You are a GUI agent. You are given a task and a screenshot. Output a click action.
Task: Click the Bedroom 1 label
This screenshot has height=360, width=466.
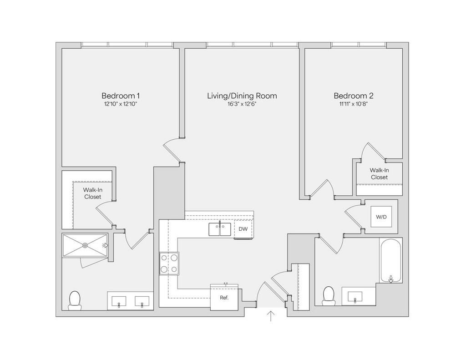tap(120, 96)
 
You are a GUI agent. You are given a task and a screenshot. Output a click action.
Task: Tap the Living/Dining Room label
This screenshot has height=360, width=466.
tap(242, 96)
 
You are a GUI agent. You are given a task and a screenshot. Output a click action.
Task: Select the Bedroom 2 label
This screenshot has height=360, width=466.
tap(354, 96)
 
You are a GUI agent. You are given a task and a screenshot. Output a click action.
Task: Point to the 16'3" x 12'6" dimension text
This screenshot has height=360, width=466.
tap(242, 104)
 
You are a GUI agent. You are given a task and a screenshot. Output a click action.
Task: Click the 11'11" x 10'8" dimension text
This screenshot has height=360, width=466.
tap(354, 104)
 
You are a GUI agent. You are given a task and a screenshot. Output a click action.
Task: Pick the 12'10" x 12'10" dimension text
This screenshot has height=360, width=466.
tap(120, 104)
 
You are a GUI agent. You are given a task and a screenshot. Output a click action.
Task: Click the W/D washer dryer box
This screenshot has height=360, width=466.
tap(381, 217)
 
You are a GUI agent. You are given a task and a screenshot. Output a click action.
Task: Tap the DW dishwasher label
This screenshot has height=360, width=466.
tap(243, 229)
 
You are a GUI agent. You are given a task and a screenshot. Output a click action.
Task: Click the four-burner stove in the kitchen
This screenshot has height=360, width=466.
tap(169, 264)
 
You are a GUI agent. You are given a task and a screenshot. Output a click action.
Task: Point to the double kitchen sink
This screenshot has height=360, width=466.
tap(220, 229)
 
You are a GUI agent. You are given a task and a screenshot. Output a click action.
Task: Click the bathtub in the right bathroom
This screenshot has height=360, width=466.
tap(391, 261)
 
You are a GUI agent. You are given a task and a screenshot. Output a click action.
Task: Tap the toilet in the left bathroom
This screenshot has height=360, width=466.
tap(75, 300)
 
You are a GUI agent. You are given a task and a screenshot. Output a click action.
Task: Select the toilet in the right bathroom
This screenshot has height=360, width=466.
tap(328, 296)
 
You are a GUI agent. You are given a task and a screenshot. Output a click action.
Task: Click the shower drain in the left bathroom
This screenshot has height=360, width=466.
tap(85, 245)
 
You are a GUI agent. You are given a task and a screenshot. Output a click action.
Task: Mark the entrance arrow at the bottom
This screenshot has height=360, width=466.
tap(271, 316)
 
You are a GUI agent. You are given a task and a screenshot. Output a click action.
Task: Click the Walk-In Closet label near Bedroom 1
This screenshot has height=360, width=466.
tap(91, 193)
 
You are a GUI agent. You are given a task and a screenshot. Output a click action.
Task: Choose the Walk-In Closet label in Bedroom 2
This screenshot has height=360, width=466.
tap(379, 174)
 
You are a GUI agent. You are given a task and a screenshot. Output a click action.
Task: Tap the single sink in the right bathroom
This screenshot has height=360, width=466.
tap(355, 296)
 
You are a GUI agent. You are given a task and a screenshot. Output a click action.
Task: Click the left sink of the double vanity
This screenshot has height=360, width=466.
tap(119, 301)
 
